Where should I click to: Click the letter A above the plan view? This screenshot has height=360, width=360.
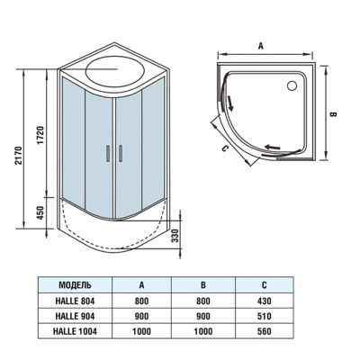[261, 42]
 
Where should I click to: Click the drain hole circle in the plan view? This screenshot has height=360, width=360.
[289, 86]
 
